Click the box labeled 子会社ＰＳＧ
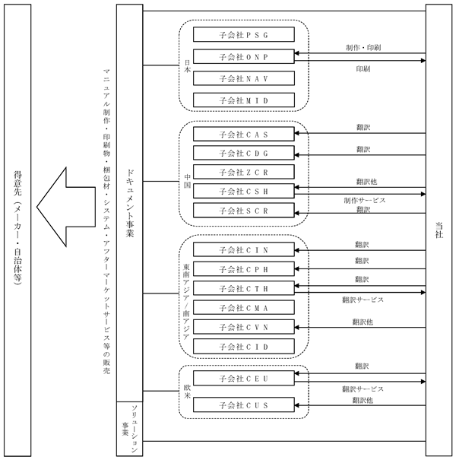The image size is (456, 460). coord(244,35)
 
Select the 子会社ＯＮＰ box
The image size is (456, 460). coord(244,56)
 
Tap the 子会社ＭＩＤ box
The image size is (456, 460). coord(244,100)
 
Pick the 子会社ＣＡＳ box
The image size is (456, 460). coord(244,134)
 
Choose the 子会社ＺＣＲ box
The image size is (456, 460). coord(244,172)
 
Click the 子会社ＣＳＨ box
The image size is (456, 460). coord(244,191)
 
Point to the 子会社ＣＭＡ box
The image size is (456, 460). coord(244,307)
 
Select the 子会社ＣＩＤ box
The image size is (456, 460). coord(244,346)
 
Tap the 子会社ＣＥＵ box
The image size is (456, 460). coord(244,378)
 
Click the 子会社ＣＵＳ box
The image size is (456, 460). coord(244,404)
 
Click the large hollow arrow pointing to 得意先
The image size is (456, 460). coord(66,207)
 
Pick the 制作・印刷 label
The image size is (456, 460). coord(363,48)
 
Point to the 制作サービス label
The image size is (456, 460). coord(365,201)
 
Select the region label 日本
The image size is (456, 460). coord(188,66)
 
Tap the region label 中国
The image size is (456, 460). coord(188,181)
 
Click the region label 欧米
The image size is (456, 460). coord(188,392)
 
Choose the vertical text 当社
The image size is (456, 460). coord(439,230)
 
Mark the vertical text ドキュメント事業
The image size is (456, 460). coord(130,203)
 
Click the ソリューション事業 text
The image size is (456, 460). coord(130,429)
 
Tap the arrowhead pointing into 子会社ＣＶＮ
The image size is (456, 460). coord(296,327)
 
